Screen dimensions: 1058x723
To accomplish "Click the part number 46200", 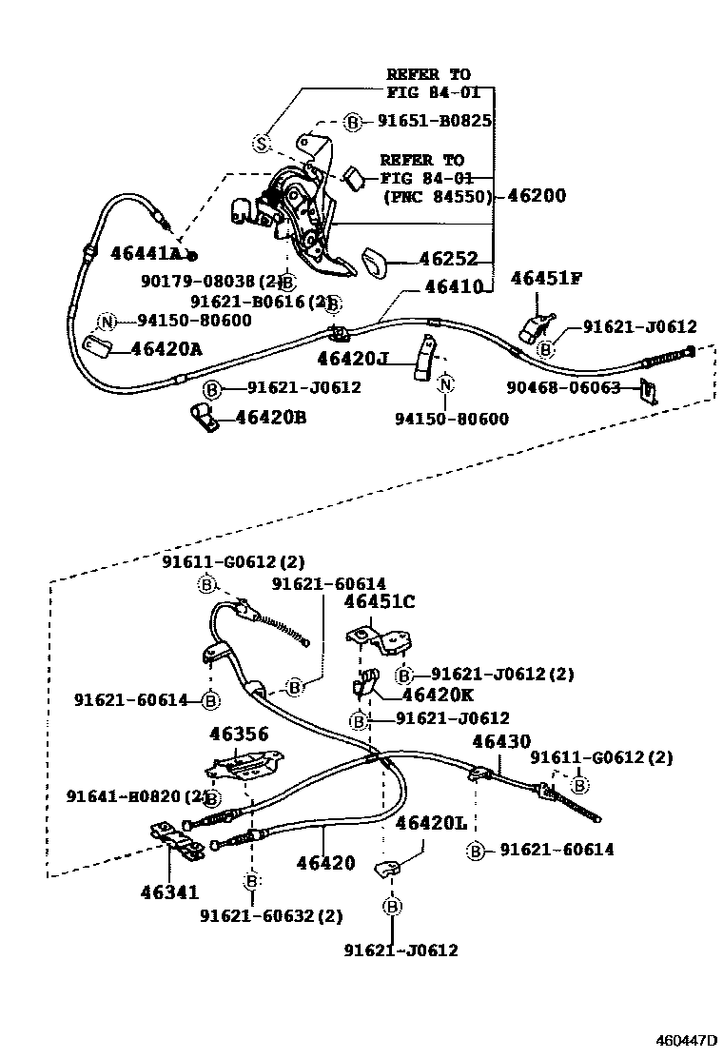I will pos(537,196).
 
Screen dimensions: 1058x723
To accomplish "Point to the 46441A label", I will pos(146,253).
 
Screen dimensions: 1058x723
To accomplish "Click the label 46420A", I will pos(166,348).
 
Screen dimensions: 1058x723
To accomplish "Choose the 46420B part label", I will pos(271,417).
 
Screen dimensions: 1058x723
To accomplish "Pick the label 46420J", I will pos(354,359).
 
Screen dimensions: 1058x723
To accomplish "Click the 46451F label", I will pos(546,278).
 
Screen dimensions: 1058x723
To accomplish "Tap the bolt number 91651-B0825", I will pos(434,122).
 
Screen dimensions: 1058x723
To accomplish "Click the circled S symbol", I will pos(262,143).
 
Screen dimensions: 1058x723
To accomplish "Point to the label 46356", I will pos(239,734).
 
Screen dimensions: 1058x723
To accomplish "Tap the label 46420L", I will pos(432,823).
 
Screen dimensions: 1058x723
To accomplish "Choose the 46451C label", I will pos(380,602).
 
